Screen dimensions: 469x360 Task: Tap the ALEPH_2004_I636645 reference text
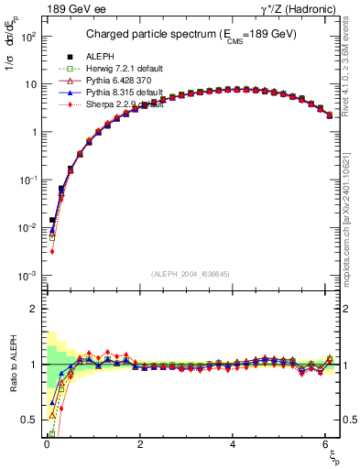point(191,273)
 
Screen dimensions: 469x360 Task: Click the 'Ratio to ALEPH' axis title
point(12,364)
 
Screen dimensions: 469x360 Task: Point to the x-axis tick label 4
point(234,443)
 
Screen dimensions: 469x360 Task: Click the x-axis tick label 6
point(328,443)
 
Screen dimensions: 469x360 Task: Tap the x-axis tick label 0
point(47,443)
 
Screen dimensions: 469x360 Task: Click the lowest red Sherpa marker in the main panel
point(52,251)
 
